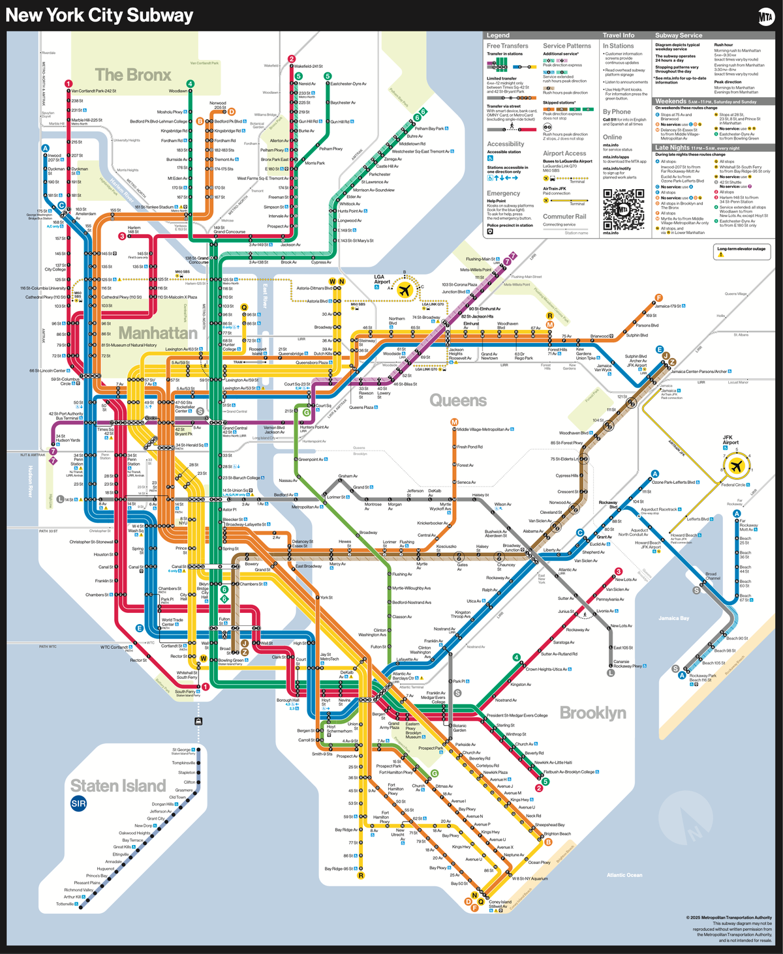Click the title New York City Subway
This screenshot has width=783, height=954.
(99, 16)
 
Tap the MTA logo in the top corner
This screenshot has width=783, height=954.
(766, 17)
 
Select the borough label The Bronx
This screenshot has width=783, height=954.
(133, 75)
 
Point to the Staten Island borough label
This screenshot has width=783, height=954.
(118, 785)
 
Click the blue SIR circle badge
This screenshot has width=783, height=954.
(78, 803)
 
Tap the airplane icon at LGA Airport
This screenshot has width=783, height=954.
(405, 290)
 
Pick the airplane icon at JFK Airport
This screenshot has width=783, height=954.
(737, 466)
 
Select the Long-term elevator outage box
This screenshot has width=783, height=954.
(742, 251)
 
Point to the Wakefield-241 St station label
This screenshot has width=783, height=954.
(308, 67)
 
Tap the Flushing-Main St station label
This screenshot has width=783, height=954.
(482, 259)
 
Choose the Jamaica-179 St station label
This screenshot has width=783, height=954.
(669, 306)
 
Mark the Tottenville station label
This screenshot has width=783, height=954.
(66, 904)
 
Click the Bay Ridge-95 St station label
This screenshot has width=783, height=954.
(339, 869)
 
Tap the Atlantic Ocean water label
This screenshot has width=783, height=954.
(624, 875)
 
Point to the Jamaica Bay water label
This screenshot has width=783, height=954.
(673, 618)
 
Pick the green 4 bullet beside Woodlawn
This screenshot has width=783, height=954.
(190, 83)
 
